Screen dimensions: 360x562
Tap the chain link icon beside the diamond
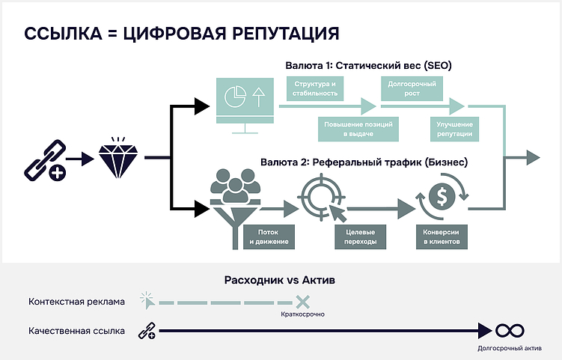(44, 159)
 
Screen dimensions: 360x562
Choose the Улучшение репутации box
(453, 129)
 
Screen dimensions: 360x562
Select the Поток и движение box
(266, 237)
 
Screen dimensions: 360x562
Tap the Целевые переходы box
(361, 237)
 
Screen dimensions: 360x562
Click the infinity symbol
(509, 331)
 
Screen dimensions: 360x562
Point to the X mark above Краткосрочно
(302, 302)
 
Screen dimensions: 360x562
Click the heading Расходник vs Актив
(280, 281)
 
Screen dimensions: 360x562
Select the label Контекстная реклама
(76, 302)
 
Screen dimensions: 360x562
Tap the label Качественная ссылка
(76, 331)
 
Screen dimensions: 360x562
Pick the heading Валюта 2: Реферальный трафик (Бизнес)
(365, 161)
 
